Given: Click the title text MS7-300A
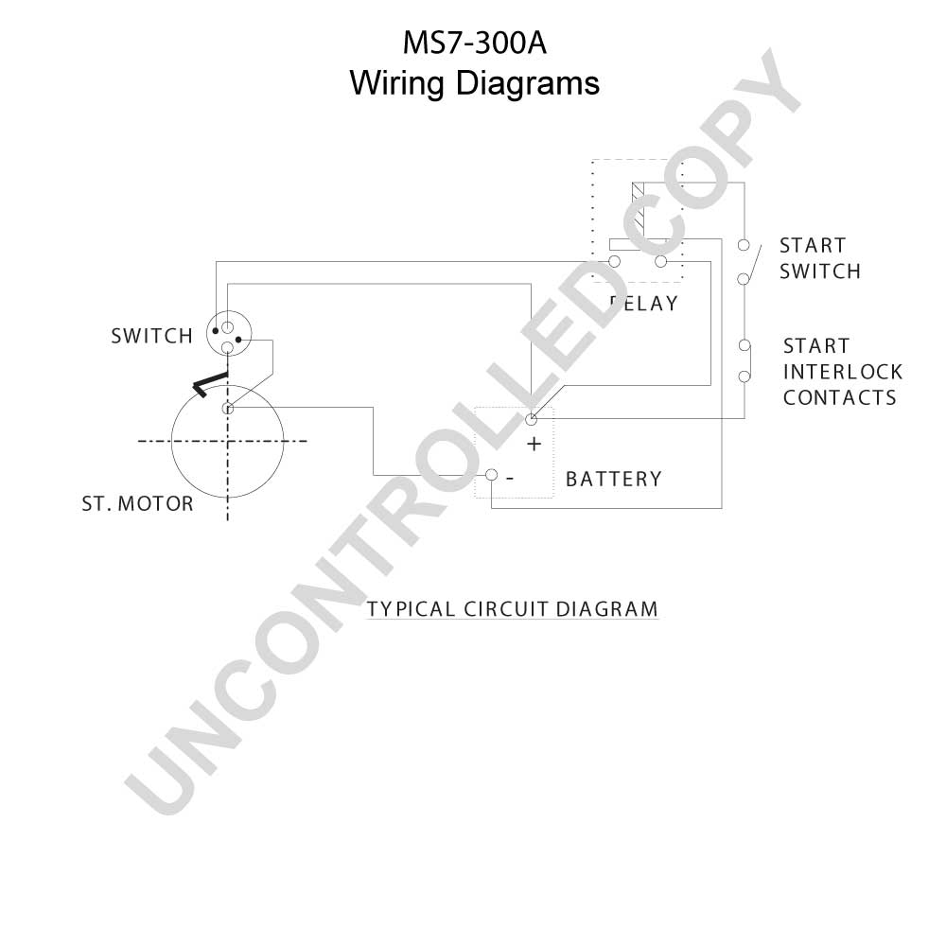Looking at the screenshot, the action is click(x=474, y=44).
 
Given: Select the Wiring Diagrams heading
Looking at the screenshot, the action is click(x=474, y=83).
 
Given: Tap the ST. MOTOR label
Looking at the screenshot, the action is click(x=137, y=504).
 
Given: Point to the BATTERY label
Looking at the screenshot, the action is click(x=614, y=479).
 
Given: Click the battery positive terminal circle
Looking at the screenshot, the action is click(x=532, y=419).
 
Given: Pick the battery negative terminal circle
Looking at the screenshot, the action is click(x=492, y=475).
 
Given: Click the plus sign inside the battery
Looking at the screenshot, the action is click(x=534, y=445).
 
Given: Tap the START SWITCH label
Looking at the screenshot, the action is click(x=820, y=259).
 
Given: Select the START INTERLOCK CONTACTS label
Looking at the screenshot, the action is click(x=842, y=372).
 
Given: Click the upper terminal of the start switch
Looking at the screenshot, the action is click(x=744, y=246).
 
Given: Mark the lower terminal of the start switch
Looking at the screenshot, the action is click(x=744, y=279).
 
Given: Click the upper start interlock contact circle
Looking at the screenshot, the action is click(x=745, y=345).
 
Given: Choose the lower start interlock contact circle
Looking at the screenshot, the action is click(x=745, y=377).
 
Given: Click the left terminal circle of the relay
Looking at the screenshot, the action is click(x=615, y=261).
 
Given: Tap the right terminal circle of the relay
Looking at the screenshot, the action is click(x=661, y=261).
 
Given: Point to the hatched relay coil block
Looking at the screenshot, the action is click(x=639, y=211).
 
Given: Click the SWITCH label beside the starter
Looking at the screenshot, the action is click(x=152, y=336).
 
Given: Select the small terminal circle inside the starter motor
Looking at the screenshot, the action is click(x=227, y=409).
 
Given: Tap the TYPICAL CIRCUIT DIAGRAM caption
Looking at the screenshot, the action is click(x=512, y=609).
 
